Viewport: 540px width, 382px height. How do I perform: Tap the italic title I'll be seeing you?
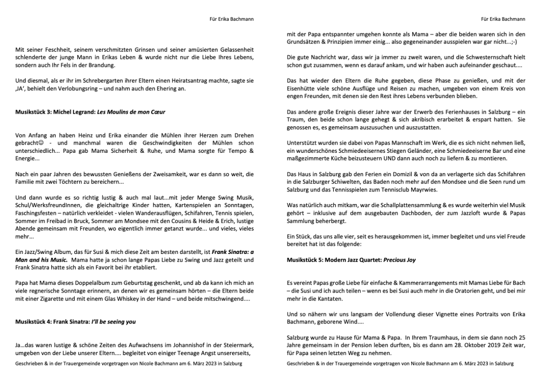click(113, 322)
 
